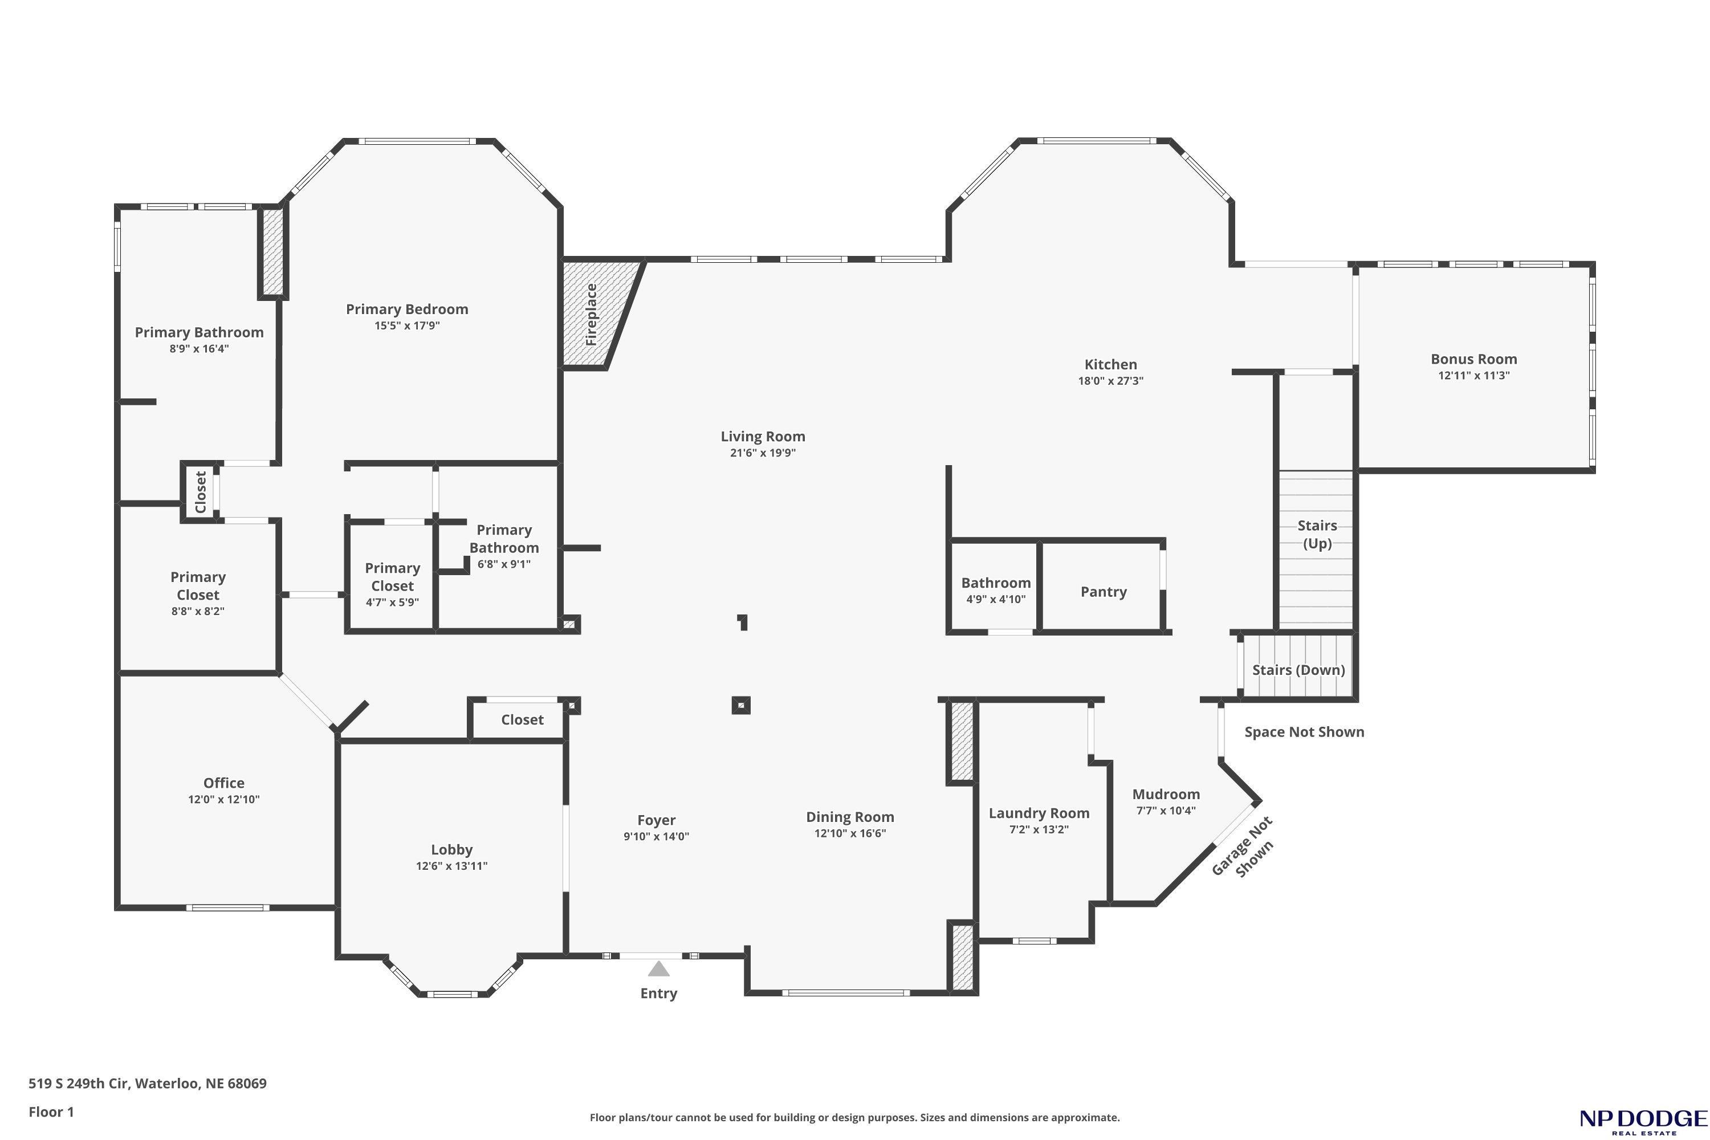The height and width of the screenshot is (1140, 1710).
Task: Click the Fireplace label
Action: tap(591, 314)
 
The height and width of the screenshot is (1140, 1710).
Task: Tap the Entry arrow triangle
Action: tap(659, 968)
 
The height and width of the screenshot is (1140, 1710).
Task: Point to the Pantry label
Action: tap(1104, 592)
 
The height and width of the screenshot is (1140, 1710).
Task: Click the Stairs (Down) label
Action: tap(1298, 670)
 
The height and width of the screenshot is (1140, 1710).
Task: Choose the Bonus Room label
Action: tap(1473, 359)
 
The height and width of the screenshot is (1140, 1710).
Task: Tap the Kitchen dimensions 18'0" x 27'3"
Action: tap(1111, 381)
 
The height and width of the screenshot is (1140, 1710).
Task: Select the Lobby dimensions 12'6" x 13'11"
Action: tap(451, 866)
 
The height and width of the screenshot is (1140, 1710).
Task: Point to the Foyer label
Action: tap(657, 820)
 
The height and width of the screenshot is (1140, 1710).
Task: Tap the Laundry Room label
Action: tap(1039, 813)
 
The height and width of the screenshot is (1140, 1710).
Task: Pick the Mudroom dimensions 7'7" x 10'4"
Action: tap(1166, 811)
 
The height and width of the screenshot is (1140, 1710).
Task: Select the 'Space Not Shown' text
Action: tap(1304, 732)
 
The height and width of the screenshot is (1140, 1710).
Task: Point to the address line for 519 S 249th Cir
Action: tap(148, 1084)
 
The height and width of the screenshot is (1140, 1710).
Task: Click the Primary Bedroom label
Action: tap(407, 309)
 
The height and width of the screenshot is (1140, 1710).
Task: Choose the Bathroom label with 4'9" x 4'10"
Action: tap(996, 583)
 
